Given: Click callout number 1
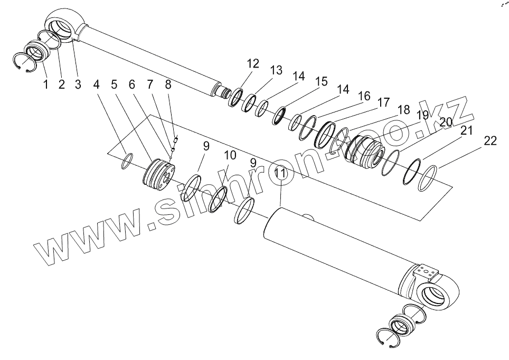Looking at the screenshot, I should [46, 84].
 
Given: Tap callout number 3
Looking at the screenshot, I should [78, 84].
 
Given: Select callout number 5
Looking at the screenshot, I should [114, 84].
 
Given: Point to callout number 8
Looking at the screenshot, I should [168, 84].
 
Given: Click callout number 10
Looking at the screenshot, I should [230, 155].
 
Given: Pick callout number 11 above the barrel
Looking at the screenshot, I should [280, 173].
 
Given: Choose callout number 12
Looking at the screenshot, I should [253, 64].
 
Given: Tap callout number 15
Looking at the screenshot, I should [321, 82].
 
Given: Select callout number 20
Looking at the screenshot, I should [446, 122].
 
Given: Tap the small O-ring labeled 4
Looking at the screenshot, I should [126, 161].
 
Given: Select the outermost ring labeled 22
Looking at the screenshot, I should [427, 178].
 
